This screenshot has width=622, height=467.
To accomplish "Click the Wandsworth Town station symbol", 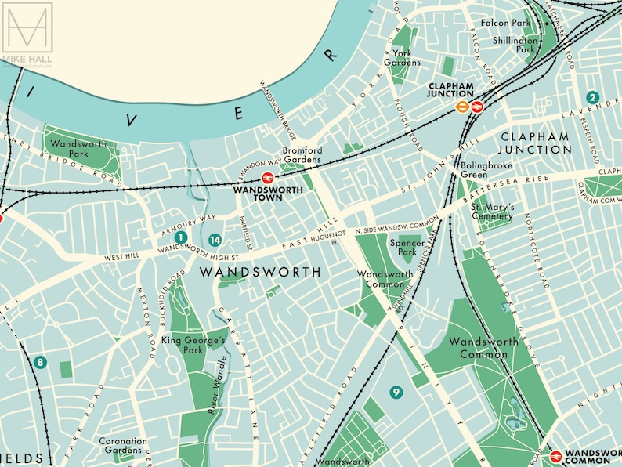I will click(267, 178).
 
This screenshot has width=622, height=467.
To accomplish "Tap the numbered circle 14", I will click(215, 241).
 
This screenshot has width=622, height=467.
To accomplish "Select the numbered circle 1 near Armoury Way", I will click(180, 237).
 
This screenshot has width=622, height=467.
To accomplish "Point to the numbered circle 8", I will click(41, 363).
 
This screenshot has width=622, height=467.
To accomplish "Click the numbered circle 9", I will click(396, 392).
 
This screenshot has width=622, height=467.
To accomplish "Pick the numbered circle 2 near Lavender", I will click(593, 98).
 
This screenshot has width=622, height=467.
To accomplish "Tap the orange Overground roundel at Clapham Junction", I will click(463, 108).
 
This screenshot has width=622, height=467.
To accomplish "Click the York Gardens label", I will click(402, 58).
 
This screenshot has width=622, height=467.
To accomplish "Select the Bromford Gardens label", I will click(302, 154).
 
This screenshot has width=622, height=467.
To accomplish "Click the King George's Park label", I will click(193, 346).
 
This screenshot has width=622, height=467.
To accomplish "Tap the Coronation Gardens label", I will click(123, 446).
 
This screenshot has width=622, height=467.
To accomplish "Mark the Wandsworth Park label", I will click(77, 149).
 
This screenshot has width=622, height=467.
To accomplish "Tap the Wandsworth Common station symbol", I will click(555, 455).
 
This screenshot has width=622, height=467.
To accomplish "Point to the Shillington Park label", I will click(515, 45).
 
